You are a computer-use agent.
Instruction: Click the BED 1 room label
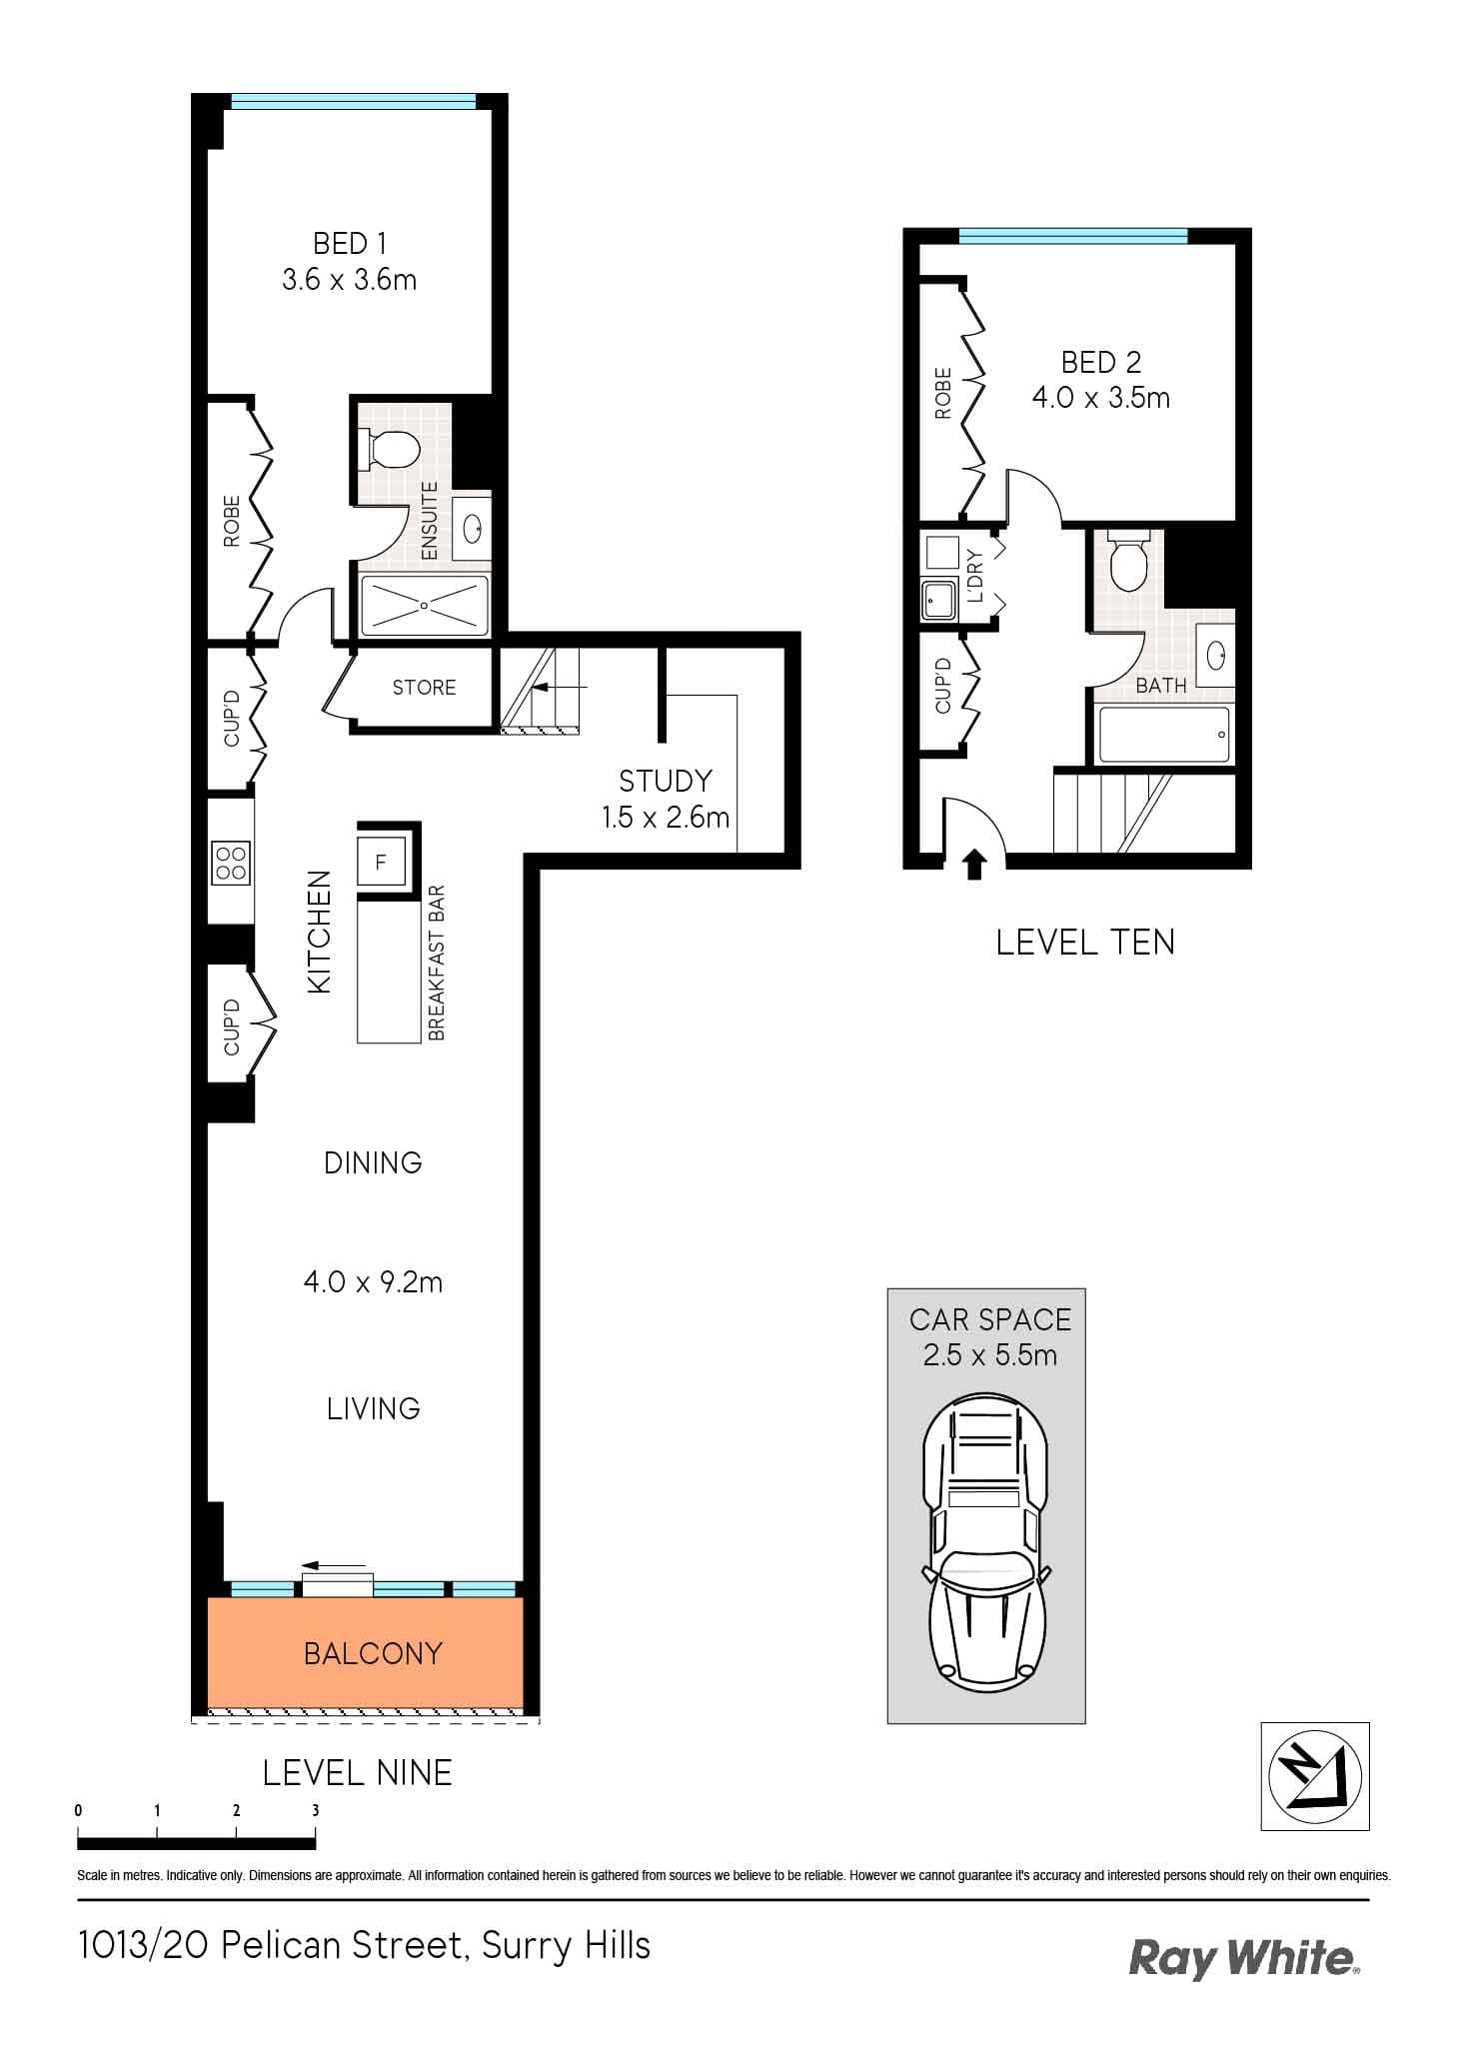click(349, 244)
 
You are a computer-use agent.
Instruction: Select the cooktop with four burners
click(231, 862)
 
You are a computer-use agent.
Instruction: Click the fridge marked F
click(381, 862)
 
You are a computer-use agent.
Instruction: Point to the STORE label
click(424, 688)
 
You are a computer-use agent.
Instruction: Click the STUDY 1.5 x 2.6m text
click(665, 799)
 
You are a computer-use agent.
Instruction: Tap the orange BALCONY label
click(373, 1653)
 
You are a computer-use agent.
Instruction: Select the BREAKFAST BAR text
click(436, 964)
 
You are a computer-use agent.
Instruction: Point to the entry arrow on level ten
click(973, 863)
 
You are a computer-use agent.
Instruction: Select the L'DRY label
click(976, 576)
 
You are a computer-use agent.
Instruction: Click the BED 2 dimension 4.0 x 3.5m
click(1100, 398)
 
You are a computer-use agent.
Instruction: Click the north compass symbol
click(1314, 1776)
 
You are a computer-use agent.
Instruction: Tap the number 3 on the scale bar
click(315, 1810)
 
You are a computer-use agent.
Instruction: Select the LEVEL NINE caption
click(357, 1773)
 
